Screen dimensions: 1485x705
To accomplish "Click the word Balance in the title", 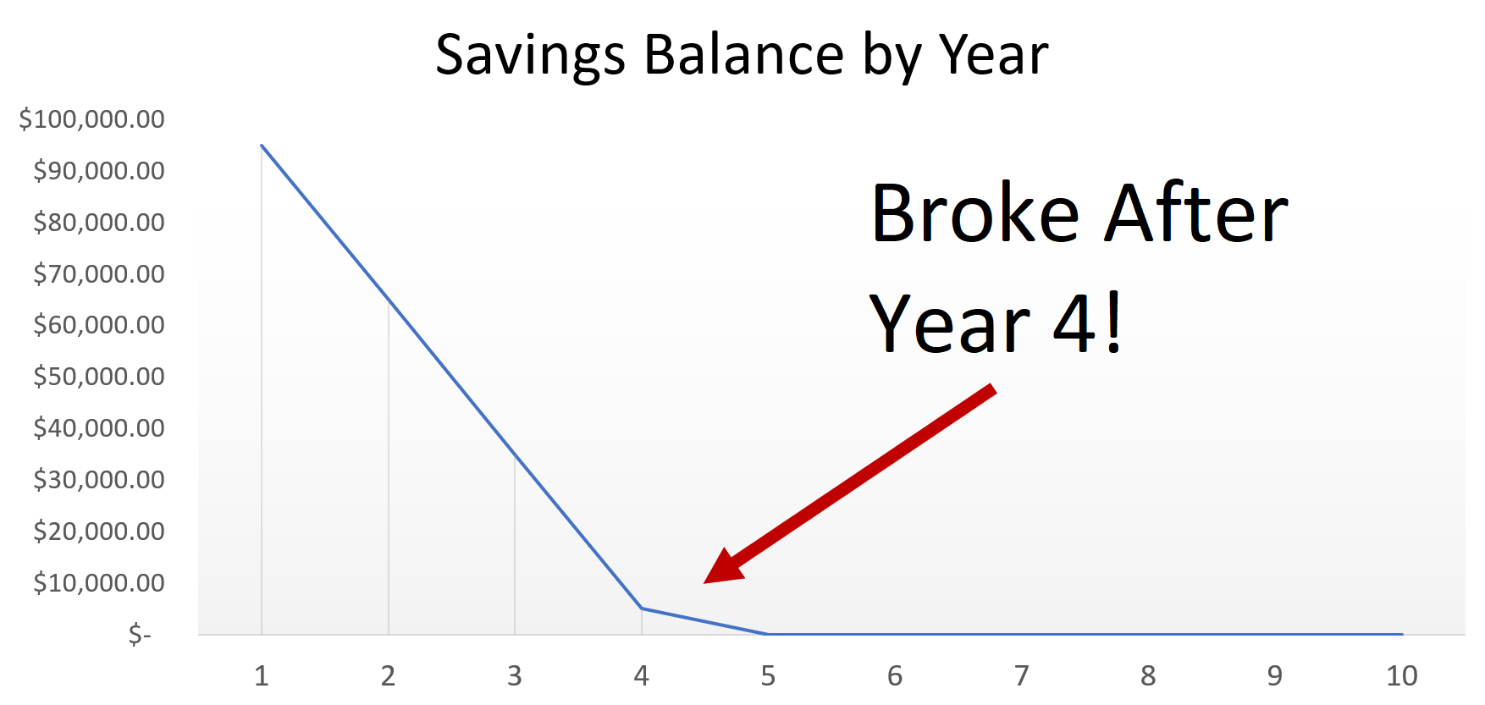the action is (744, 54).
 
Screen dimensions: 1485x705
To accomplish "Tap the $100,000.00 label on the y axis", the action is (92, 119).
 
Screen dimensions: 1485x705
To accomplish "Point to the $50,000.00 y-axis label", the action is (99, 377).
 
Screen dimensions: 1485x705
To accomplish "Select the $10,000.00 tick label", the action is (99, 582).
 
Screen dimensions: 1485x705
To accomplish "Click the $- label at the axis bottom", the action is (140, 634).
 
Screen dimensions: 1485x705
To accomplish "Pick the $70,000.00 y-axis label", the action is (99, 273).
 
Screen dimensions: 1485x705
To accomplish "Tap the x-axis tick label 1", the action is (262, 676).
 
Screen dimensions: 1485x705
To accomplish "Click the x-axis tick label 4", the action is (642, 676).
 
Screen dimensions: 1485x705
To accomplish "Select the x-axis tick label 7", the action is (1022, 676).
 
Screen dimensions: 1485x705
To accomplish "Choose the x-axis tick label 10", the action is (1402, 676).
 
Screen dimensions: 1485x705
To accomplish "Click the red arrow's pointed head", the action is (705, 582).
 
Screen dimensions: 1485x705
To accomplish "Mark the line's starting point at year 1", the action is (262, 146).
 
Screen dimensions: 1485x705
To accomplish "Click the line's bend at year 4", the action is (642, 609).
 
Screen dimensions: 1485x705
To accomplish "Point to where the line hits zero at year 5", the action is (768, 634).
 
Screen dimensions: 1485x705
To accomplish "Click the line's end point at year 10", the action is (1402, 634).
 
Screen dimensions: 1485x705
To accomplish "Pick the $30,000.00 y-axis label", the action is (99, 480).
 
